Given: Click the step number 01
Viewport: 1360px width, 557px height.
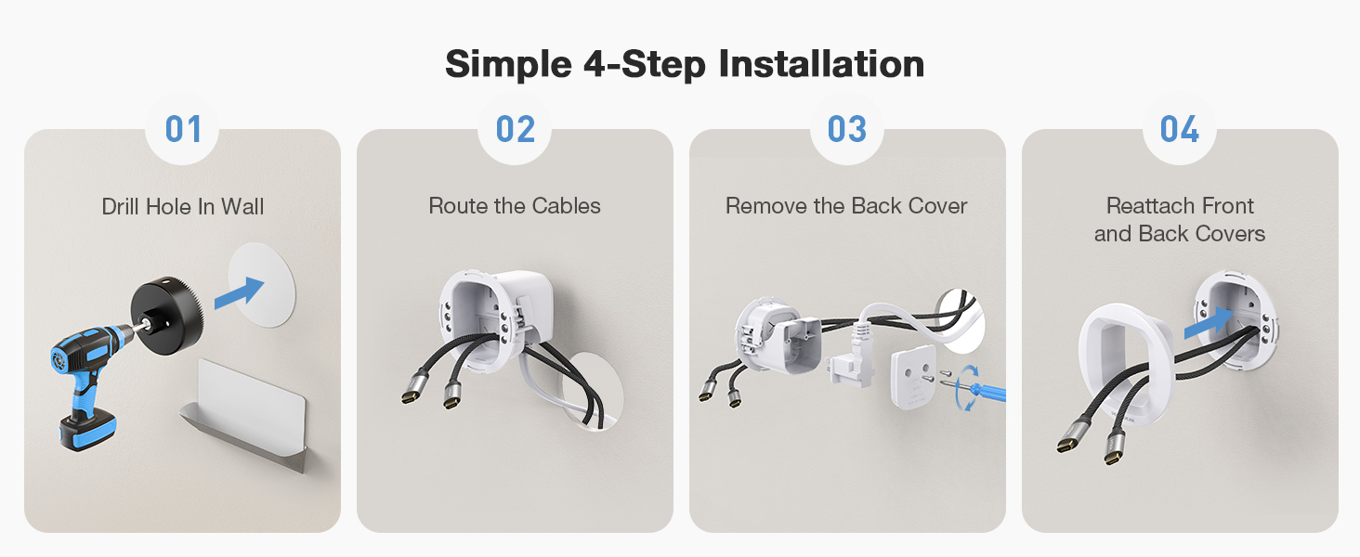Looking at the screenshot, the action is coord(183,129).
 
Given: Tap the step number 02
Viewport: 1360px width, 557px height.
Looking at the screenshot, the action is coord(516,129).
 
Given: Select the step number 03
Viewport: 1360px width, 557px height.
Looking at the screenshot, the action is coord(847,129).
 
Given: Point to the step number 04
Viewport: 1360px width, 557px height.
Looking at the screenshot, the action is coord(1180,129).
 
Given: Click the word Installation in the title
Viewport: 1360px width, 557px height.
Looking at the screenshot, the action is coord(821,64).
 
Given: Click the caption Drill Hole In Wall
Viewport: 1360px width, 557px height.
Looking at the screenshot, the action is coord(183,207).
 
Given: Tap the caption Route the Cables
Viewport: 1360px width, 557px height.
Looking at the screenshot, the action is coord(515,206).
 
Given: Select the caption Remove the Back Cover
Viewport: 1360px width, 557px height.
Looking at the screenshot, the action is coord(846,206).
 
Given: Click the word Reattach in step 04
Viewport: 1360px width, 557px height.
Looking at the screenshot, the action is coord(1147,206).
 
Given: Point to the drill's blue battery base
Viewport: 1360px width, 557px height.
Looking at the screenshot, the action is coord(87,432).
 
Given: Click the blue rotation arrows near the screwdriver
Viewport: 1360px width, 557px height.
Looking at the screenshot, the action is coord(965,388).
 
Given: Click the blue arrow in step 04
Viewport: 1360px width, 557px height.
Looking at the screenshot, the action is coord(1209,323).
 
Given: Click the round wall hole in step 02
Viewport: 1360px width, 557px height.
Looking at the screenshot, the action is coord(592,392).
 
